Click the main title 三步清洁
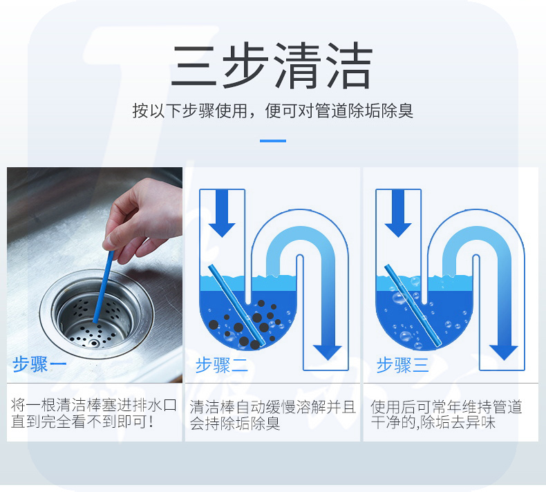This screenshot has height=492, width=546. click(x=272, y=66)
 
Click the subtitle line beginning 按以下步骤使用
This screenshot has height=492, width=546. click(x=272, y=111)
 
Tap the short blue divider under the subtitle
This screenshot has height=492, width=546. click(x=273, y=141)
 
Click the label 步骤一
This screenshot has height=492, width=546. click(x=39, y=365)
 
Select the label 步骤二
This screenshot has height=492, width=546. click(x=221, y=366)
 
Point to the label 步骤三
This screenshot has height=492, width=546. click(x=402, y=366)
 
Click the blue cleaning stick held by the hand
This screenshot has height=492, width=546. click(x=104, y=286)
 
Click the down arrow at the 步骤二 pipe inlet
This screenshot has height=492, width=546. click(x=222, y=213)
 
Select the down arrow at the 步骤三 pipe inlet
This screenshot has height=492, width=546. click(x=398, y=213)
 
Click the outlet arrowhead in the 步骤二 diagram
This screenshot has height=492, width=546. click(x=328, y=352)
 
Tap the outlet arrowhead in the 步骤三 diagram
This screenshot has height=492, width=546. click(x=504, y=352)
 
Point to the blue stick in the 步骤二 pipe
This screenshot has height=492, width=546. click(x=237, y=305)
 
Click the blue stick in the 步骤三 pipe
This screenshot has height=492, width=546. click(x=413, y=305)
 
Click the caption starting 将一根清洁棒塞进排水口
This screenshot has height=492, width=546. click(x=94, y=413)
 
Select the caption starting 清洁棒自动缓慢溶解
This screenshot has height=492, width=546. click(x=272, y=415)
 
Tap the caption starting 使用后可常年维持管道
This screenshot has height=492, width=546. click(x=446, y=415)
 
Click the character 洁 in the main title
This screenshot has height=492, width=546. click(x=349, y=66)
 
